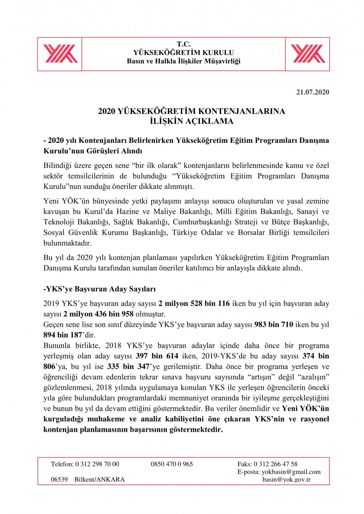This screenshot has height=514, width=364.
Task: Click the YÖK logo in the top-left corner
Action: [x=60, y=54]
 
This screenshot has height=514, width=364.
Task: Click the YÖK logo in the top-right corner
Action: [x=308, y=54]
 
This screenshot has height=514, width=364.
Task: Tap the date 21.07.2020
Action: [x=312, y=92]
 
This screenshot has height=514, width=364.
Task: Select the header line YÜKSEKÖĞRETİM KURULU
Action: [x=183, y=53]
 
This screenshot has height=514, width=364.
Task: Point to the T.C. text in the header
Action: [x=183, y=44]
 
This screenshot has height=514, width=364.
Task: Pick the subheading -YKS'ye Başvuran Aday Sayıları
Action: [x=100, y=289]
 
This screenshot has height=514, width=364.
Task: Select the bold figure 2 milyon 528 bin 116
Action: [x=194, y=304]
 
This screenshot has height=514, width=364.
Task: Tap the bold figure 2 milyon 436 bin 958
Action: [x=98, y=314]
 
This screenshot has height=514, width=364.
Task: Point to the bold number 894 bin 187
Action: [x=63, y=335]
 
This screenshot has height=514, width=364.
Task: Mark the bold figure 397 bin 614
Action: [x=157, y=356]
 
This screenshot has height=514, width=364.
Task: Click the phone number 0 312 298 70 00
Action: [x=97, y=464]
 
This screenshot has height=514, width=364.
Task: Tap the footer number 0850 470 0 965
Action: [x=172, y=464]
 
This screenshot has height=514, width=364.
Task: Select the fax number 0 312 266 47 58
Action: [x=276, y=464]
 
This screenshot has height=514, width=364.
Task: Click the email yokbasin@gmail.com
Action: [x=291, y=472]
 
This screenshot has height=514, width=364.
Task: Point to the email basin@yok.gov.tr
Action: [x=286, y=479]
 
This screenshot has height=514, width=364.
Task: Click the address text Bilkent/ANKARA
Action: [x=99, y=479]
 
